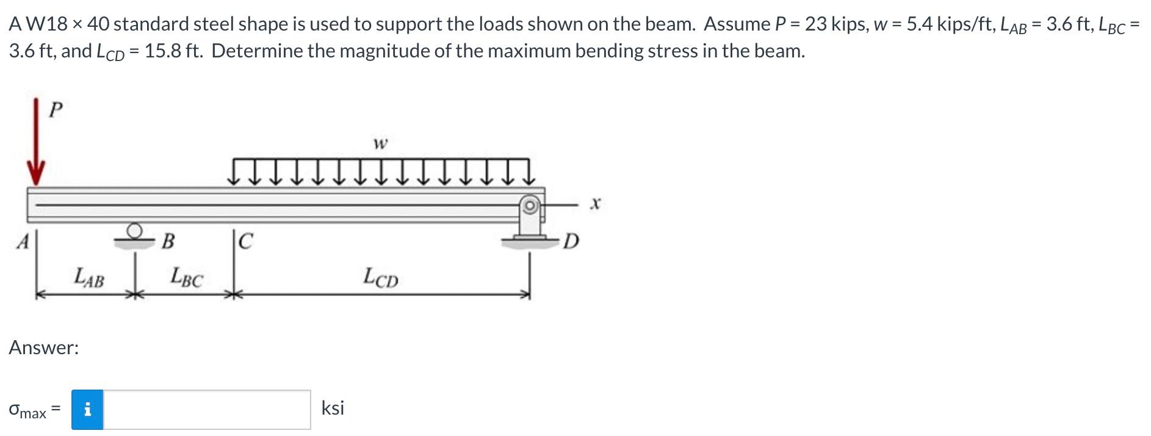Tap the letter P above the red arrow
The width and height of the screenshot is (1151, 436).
pos(55,110)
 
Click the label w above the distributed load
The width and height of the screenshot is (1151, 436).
pos(380,144)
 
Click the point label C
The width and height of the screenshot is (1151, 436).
pos(244,242)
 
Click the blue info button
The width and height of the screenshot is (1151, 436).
pos(87,410)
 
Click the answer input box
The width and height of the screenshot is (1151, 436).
pos(207,410)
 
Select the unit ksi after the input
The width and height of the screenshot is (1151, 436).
pos(333,408)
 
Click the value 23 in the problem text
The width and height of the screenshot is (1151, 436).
pos(816,24)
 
